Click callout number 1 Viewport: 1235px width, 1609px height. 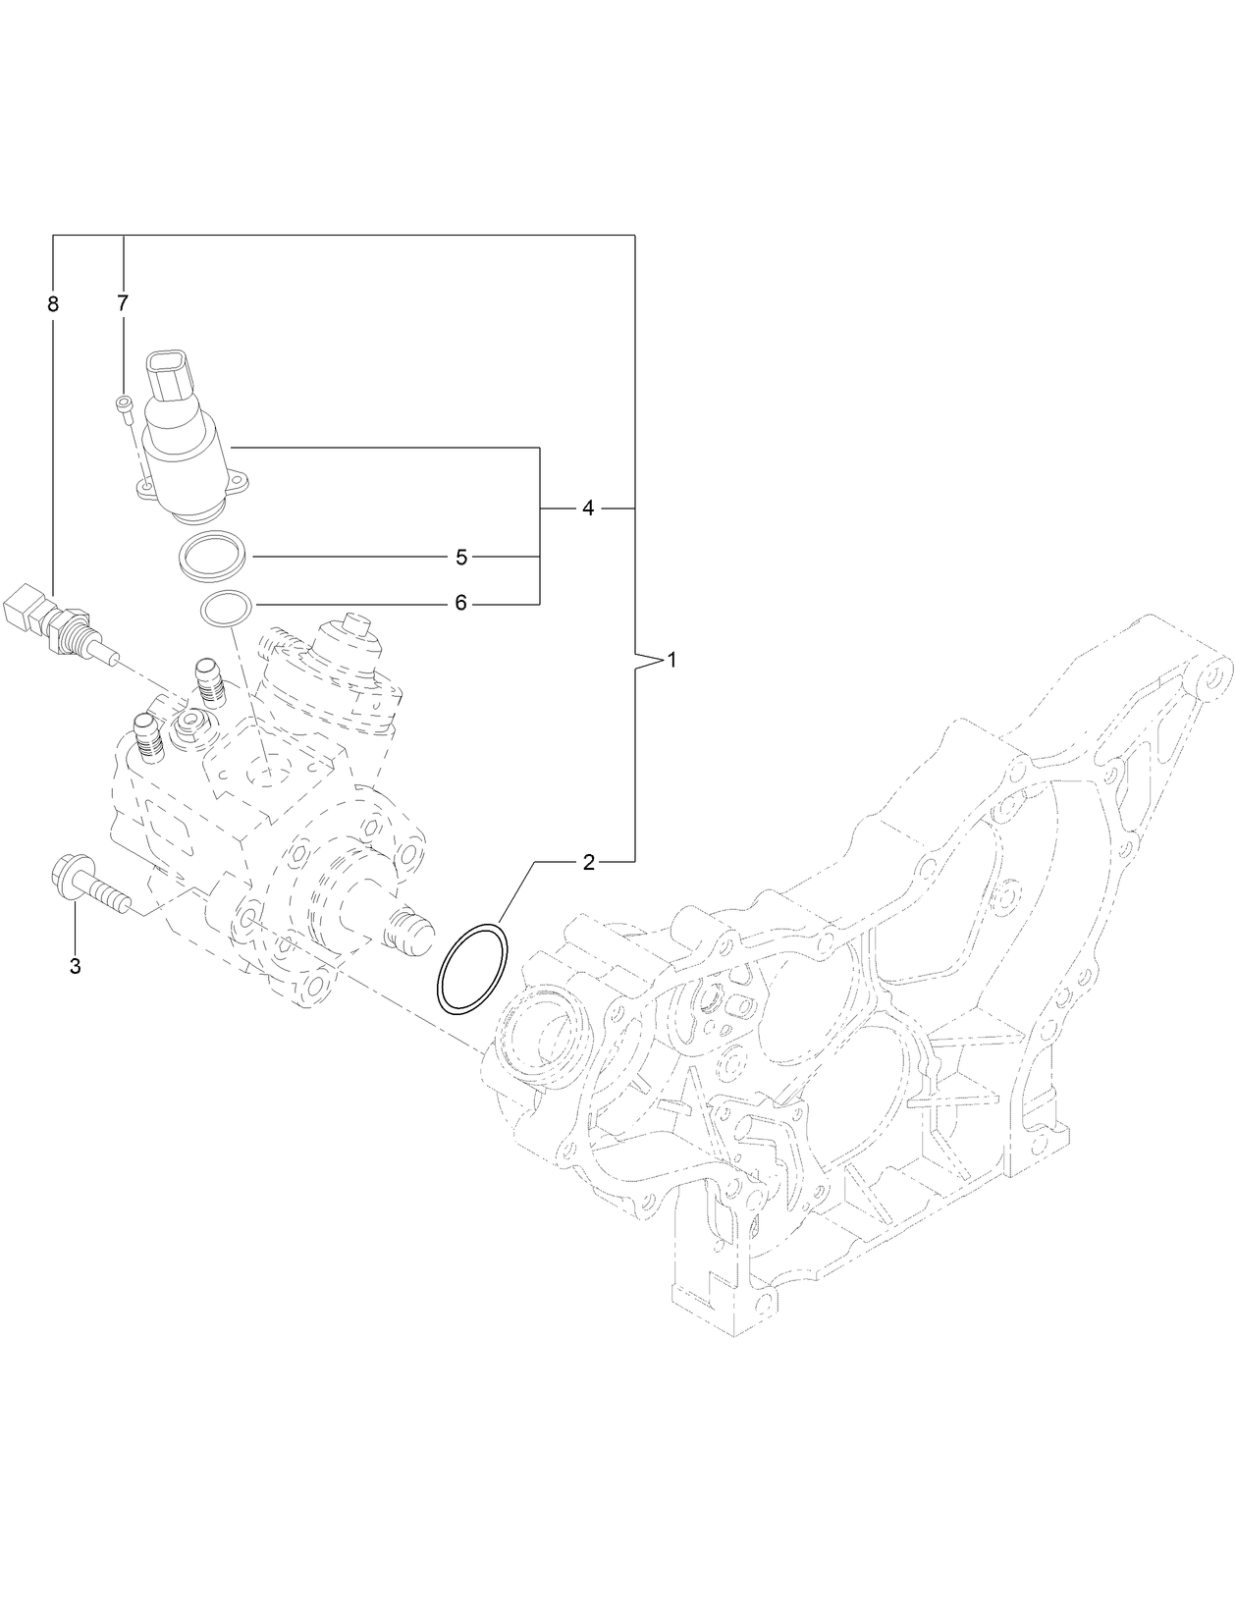(x=672, y=660)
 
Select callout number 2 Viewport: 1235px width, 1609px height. (x=588, y=863)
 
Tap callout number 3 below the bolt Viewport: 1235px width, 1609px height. (x=75, y=966)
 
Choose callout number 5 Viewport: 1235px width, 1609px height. (x=461, y=557)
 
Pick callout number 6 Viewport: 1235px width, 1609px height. (x=460, y=603)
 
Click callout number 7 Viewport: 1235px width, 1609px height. (x=123, y=303)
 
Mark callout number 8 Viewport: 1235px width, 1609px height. (x=53, y=303)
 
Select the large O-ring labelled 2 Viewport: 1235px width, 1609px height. (x=473, y=967)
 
